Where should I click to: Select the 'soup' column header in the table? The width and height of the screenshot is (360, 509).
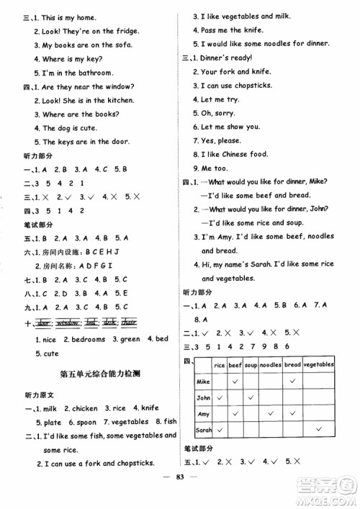click(x=251, y=365)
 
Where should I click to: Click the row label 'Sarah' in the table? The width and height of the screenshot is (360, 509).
click(x=204, y=430)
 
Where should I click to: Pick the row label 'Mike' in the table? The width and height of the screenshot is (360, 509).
click(x=203, y=382)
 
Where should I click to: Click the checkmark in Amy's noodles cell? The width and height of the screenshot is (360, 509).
click(x=271, y=414)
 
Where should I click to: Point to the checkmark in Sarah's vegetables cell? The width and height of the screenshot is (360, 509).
click(x=318, y=430)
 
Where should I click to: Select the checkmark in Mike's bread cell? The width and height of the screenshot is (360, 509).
click(x=293, y=382)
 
